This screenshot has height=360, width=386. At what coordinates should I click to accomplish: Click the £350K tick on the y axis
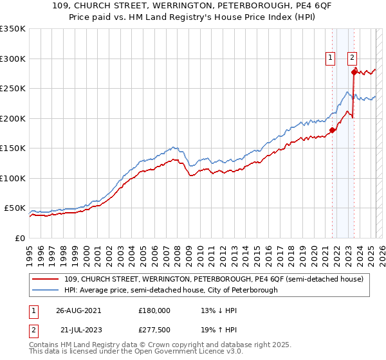point(12,29)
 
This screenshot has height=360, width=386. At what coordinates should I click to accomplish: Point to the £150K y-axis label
point(12,148)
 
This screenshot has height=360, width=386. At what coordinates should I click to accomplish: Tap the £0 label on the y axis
point(20,238)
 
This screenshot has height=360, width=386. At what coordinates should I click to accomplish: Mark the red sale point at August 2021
point(332,130)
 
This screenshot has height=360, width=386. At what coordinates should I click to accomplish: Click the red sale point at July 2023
point(354,73)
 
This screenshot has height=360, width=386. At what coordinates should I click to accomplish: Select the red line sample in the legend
point(46,279)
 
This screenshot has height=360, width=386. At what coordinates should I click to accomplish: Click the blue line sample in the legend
point(46,290)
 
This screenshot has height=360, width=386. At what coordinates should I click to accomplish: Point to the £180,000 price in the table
point(154,310)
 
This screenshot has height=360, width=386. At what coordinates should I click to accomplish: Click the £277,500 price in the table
point(154,331)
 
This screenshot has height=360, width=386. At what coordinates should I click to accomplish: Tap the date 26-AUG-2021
point(78,310)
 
